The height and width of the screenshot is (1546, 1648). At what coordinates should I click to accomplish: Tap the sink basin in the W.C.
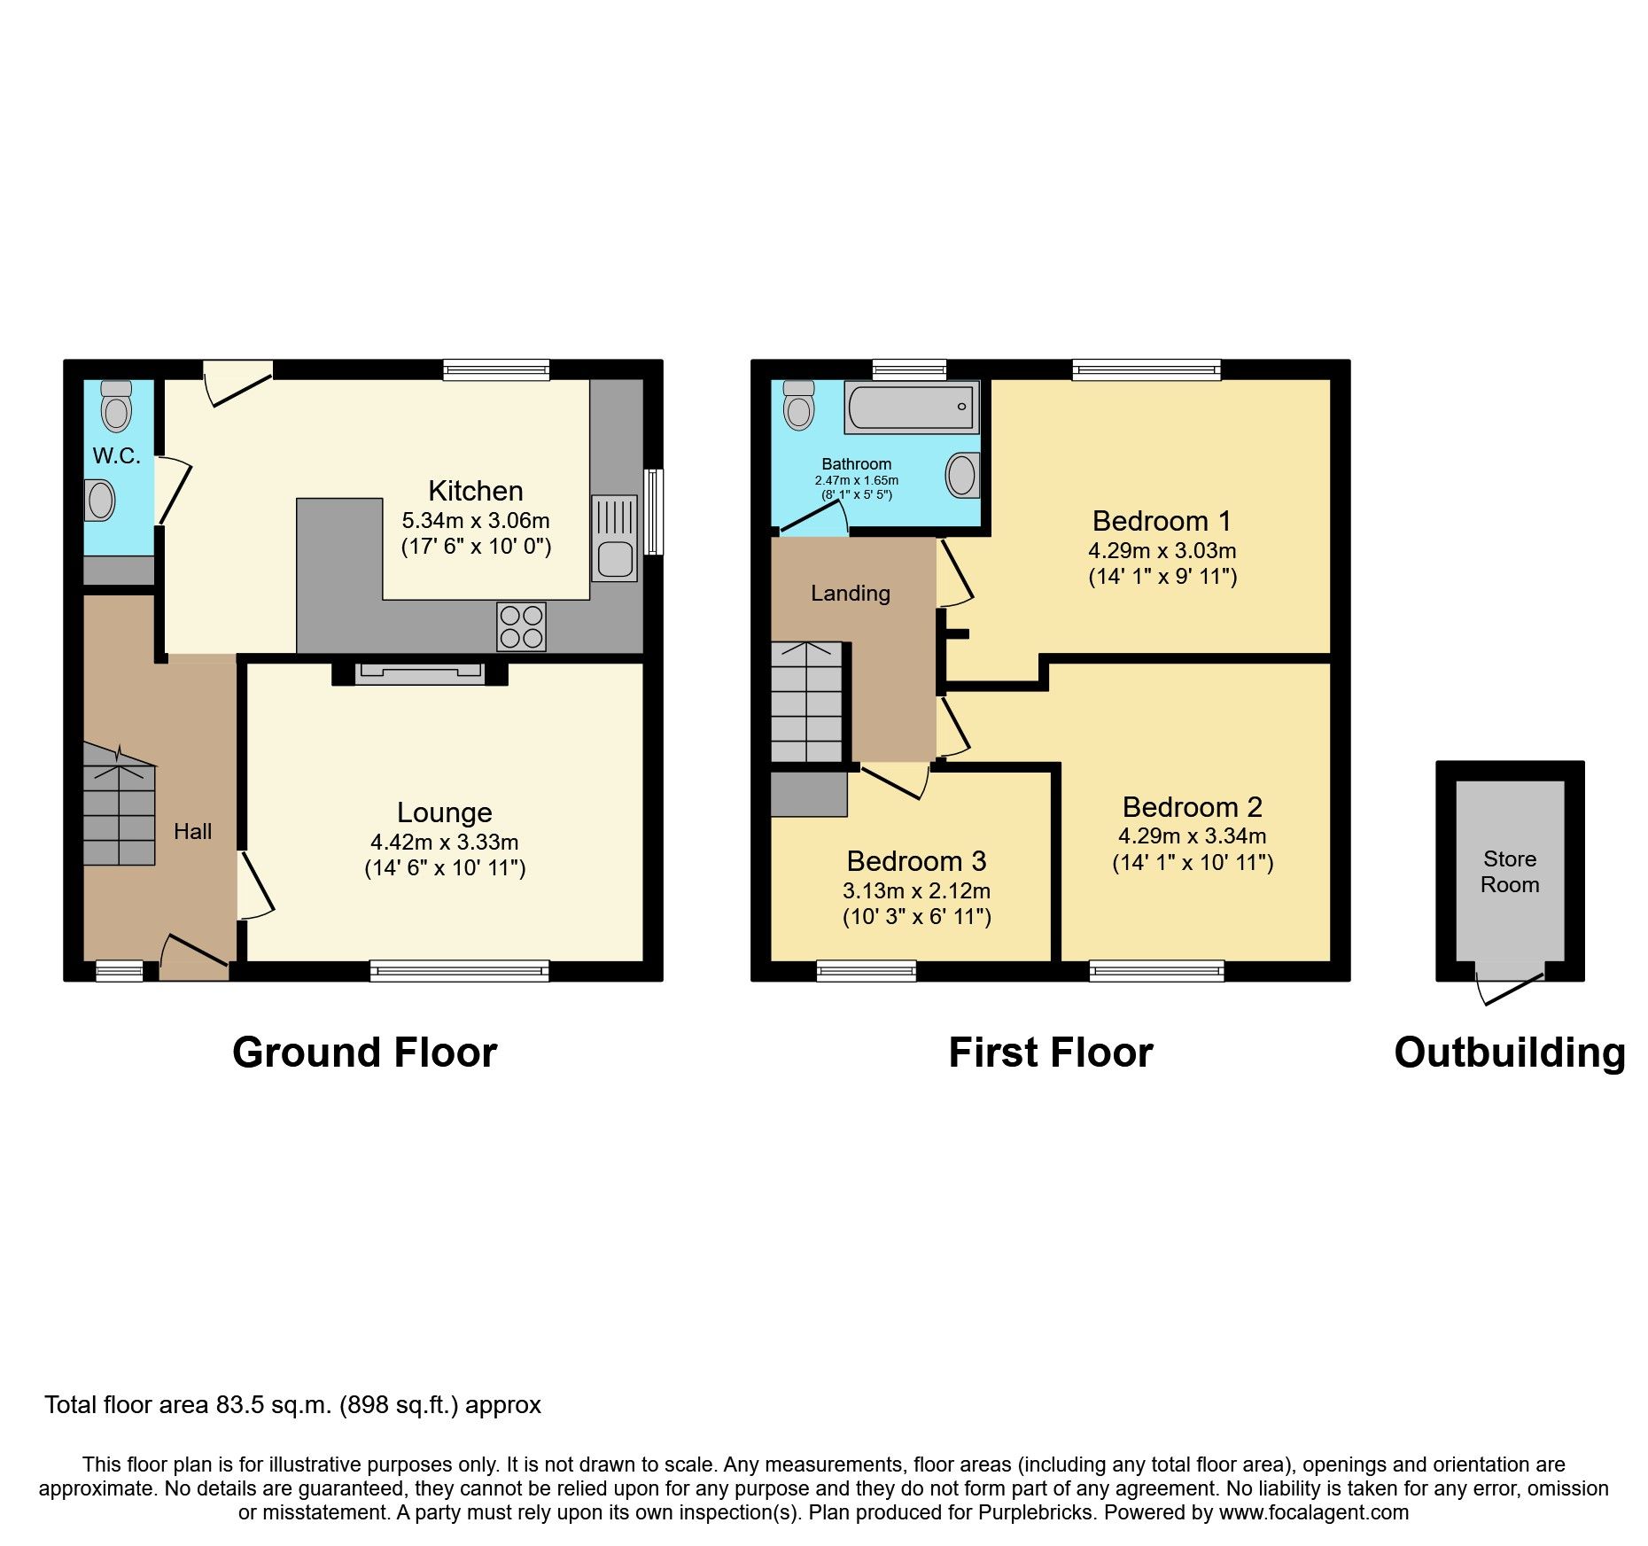pos(100,501)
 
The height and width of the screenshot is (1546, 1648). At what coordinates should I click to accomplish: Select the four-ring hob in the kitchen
pos(521,626)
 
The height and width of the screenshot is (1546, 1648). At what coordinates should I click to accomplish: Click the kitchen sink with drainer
pos(615,538)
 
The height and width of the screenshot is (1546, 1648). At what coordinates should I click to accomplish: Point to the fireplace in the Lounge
pos(419,673)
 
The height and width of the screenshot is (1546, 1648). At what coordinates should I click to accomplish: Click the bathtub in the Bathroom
pos(912,408)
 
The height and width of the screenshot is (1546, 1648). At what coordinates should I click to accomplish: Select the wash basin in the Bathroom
pos(962,475)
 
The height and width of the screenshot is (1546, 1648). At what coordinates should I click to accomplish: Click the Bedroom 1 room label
pos(1162,521)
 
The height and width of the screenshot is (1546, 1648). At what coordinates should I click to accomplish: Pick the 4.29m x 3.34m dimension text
pos(1192,835)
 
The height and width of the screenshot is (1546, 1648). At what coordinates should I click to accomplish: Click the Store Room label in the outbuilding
pos(1510,872)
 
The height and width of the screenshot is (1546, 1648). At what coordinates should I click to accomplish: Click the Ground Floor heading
pos(364,1053)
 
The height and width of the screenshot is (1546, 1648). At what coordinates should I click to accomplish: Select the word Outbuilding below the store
pos(1510,1053)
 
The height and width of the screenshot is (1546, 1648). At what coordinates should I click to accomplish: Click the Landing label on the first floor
pos(850,593)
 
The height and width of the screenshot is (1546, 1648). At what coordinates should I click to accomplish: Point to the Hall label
pos(192,831)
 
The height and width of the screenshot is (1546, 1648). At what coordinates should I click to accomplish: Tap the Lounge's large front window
pos(459,972)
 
